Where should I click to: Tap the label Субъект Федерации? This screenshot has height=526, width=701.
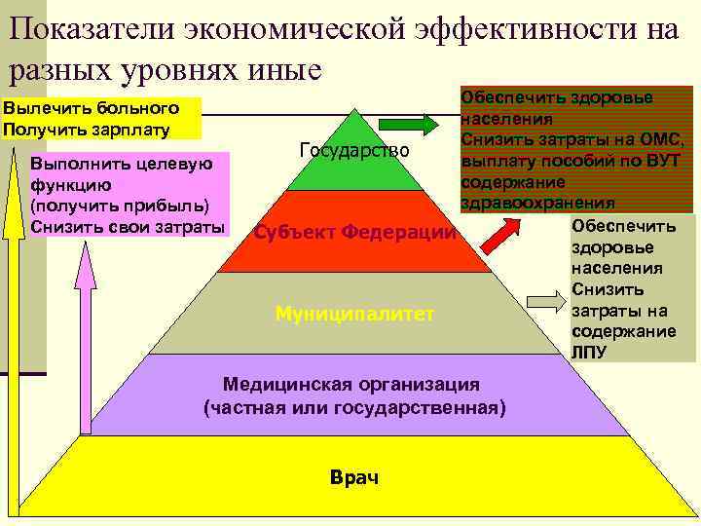coord(354,233)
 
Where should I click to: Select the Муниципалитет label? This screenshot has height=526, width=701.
coord(353,314)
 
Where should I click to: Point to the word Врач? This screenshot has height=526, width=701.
coord(354,477)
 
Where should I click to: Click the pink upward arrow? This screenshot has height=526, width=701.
coord(86,380)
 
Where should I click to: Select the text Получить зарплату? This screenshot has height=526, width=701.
coord(87,129)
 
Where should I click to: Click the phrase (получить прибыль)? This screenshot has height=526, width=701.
coord(120,206)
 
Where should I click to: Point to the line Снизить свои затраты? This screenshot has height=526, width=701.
coord(127,227)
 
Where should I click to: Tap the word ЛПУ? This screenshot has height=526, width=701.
coord(589,353)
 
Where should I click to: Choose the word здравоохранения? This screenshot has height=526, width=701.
coord(537,203)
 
